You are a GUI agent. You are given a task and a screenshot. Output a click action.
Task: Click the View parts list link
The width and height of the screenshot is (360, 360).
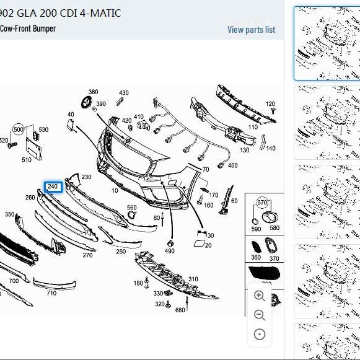(x=251, y=29)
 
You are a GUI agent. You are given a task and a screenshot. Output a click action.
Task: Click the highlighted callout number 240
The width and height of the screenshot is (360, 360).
(x=53, y=187)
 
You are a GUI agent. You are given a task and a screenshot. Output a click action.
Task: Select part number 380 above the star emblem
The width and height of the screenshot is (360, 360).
(x=93, y=92)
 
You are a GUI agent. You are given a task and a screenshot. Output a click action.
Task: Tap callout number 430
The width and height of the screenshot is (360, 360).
(x=124, y=93)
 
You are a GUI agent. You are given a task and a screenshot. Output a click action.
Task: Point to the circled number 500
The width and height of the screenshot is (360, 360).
(x=19, y=130)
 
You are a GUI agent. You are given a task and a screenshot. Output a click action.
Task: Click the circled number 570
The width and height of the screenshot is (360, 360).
(x=262, y=203)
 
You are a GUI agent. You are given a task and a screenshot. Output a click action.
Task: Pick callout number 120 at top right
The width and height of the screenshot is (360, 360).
(x=270, y=104)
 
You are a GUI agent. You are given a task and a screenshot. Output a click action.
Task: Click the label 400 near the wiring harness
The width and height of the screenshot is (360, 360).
(x=232, y=165)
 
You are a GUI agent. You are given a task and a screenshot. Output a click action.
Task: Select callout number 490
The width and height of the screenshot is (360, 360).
(x=169, y=251)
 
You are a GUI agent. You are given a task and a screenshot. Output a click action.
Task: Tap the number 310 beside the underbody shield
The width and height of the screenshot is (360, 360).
(x=193, y=279)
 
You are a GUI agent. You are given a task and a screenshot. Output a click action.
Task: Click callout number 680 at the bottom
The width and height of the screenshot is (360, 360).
(x=180, y=310)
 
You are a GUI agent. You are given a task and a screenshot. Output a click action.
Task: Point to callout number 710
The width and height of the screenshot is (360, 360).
(x=51, y=293)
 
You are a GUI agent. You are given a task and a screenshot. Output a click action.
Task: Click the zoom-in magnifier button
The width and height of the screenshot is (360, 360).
(x=260, y=296)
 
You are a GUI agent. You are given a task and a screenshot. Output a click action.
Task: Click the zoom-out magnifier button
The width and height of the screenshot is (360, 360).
(x=260, y=315)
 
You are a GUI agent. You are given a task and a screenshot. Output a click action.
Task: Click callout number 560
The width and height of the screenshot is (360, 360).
(x=132, y=208)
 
